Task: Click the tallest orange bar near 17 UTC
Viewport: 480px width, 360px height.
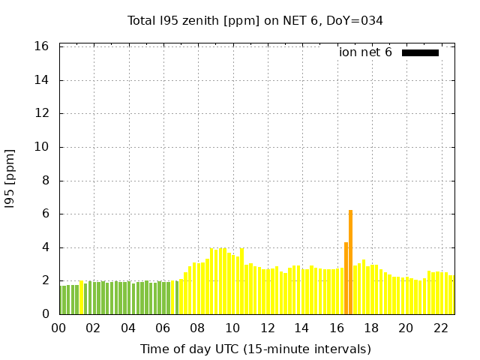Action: point(350,262)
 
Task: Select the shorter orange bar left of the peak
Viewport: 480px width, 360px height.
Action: point(346,278)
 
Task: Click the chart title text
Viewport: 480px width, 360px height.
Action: point(255,20)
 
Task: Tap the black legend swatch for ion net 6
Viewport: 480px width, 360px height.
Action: point(420,52)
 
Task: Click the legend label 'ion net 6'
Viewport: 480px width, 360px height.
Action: point(365,52)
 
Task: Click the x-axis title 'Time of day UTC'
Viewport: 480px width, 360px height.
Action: point(255,349)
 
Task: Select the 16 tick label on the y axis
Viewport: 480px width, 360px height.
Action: point(42,46)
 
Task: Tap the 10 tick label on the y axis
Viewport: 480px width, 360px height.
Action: point(42,147)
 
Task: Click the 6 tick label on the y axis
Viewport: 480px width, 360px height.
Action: point(45,214)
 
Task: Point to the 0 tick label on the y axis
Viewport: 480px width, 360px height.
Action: point(45,314)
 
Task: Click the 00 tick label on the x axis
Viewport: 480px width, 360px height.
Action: point(58,328)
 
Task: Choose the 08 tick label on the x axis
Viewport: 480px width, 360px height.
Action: point(197,328)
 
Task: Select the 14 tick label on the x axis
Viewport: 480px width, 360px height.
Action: point(301,328)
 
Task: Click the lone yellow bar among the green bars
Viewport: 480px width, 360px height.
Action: point(81,298)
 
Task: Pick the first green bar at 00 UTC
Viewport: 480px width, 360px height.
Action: point(61,300)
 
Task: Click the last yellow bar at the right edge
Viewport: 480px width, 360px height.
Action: point(451,295)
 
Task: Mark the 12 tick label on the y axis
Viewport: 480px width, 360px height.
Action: point(42,113)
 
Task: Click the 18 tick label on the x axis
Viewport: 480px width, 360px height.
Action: point(370,328)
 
